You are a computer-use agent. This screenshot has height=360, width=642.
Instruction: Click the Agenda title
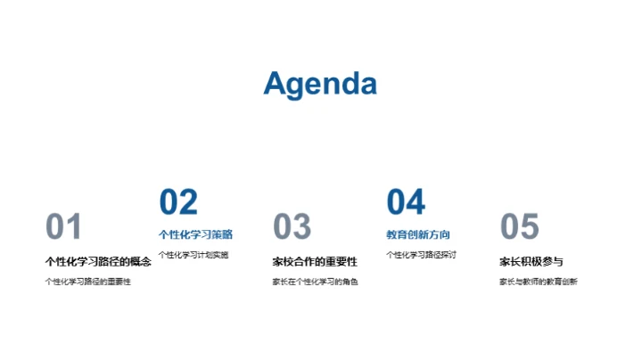click(x=320, y=83)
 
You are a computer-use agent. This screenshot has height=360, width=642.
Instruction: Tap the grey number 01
click(x=63, y=227)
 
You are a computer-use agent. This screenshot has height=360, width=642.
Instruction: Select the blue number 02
click(x=178, y=202)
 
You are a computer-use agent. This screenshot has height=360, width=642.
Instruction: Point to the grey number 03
click(x=292, y=227)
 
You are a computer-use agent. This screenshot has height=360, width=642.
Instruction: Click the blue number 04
click(x=406, y=202)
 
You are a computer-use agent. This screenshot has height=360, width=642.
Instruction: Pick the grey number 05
click(x=519, y=227)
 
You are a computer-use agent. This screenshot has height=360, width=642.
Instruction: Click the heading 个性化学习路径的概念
click(x=98, y=262)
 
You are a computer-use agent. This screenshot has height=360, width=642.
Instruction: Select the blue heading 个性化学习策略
click(x=195, y=235)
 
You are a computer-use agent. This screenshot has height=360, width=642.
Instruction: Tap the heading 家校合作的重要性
click(x=315, y=262)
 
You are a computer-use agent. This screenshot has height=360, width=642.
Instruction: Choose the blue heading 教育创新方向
click(x=417, y=235)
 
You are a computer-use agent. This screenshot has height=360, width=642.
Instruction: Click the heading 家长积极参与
click(x=531, y=262)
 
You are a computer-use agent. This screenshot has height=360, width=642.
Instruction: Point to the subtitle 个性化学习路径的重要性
click(x=87, y=282)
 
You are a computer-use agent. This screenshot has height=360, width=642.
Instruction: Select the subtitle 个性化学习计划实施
click(x=193, y=255)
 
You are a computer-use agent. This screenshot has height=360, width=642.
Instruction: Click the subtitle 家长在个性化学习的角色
click(x=315, y=282)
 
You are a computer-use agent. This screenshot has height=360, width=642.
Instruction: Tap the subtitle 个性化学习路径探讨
click(x=421, y=255)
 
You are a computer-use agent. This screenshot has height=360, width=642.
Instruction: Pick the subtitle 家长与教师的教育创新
click(x=538, y=282)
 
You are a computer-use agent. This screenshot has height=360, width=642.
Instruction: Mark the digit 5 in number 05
click(x=530, y=227)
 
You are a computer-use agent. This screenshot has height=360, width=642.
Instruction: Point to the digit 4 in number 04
click(x=416, y=202)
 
